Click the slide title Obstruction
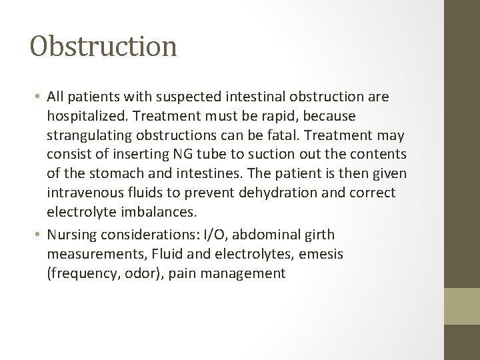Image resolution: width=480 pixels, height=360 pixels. point(103,46)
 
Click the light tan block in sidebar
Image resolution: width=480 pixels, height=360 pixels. point(463,305)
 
